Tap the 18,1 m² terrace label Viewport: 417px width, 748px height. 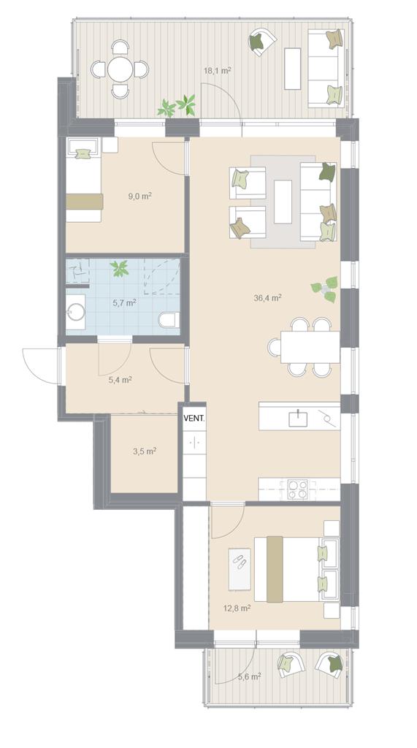(x=218, y=71)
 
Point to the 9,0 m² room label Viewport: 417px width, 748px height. (x=140, y=196)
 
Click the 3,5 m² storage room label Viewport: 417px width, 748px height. (x=145, y=450)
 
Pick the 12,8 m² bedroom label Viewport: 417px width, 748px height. (x=237, y=608)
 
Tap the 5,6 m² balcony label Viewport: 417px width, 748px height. (x=249, y=676)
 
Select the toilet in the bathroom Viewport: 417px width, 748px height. (x=169, y=320)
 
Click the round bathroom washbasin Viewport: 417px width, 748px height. (x=77, y=313)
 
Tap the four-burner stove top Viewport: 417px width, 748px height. (x=298, y=489)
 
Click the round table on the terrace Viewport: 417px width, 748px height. (x=120, y=69)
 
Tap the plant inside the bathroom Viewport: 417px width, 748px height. (x=119, y=268)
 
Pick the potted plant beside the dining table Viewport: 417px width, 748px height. (x=324, y=289)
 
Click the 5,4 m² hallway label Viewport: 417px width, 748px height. (x=120, y=380)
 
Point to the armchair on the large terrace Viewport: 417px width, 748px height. (x=261, y=42)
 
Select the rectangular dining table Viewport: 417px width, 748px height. (x=310, y=347)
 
